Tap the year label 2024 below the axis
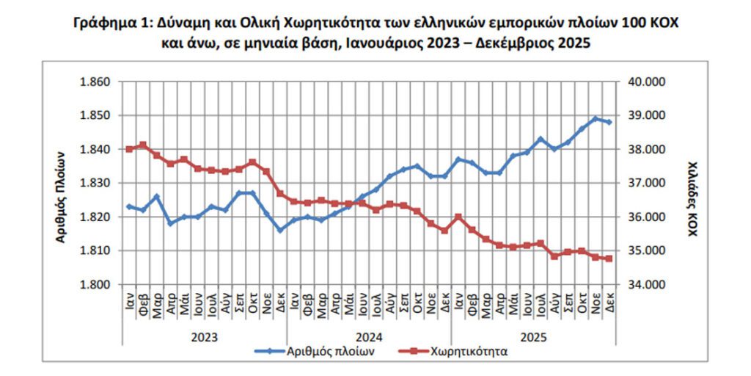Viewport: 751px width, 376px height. coord(369,336)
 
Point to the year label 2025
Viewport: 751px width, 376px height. coord(533,336)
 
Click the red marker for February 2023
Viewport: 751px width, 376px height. coord(143,145)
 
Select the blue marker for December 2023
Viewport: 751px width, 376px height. coord(279,230)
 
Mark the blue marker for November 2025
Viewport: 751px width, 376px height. coord(596,118)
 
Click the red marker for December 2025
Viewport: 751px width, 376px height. coord(609,258)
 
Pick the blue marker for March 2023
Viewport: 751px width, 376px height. coord(156,196)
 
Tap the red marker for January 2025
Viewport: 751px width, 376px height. coord(458,217)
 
